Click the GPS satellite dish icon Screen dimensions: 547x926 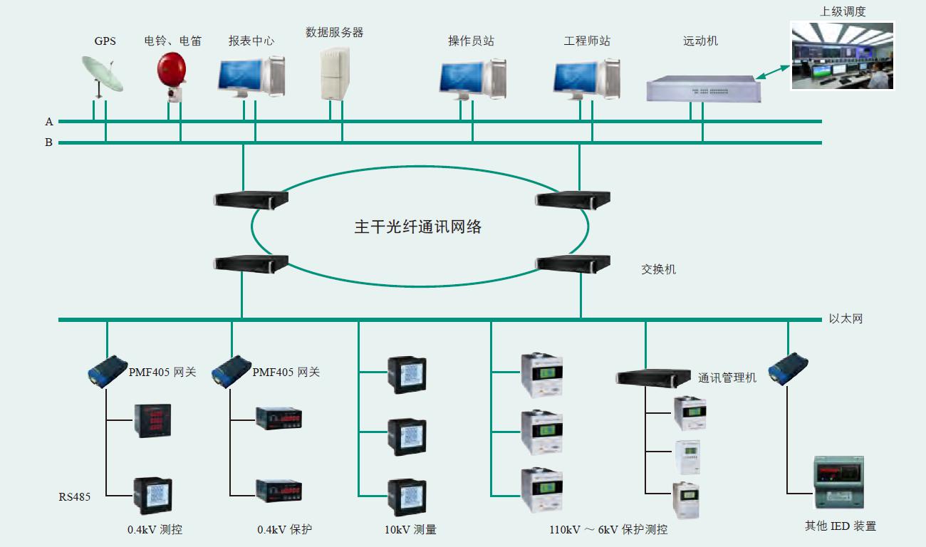102,75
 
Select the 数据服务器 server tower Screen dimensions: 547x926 335,73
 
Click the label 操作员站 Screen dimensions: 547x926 471,41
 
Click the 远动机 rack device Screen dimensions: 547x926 702,89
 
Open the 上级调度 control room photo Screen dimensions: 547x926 842,56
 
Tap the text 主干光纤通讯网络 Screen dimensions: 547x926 418,227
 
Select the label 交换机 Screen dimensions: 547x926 658,270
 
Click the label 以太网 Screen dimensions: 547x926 846,319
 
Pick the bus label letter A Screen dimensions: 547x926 49,122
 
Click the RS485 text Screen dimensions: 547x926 74,497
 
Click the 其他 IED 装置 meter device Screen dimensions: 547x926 838,481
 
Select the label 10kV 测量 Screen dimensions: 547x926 410,530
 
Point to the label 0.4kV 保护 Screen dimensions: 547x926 284,530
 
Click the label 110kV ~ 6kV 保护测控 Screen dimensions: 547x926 608,530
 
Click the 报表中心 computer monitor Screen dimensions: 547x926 240,77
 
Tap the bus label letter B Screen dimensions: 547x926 49,142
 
